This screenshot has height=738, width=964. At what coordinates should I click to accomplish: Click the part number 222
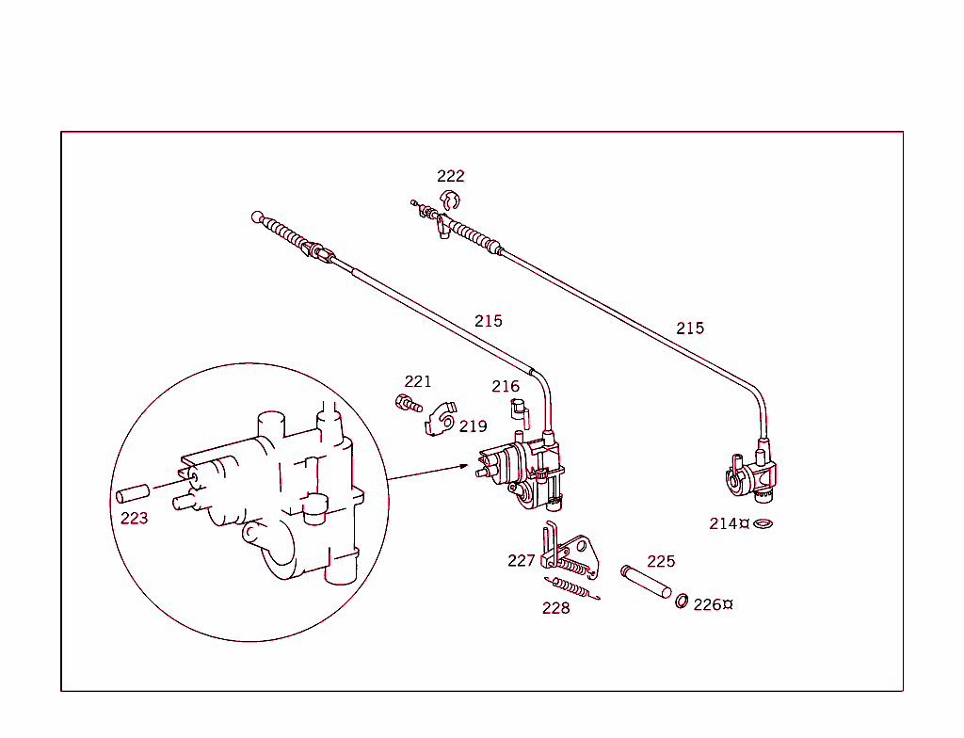pos(450,176)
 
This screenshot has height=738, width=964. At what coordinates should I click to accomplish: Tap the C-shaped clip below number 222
pos(451,200)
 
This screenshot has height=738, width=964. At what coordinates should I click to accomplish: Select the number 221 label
pos(418,381)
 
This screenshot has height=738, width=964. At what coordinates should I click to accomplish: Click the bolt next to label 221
pos(408,404)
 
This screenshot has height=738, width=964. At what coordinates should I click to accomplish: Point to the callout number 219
pos(474,426)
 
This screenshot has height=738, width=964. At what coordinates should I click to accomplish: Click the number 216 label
pos(505,386)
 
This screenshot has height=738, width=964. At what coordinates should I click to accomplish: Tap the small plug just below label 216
pos(517,408)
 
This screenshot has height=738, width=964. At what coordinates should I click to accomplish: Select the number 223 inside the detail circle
pos(134,518)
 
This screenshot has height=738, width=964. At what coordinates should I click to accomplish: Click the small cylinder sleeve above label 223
pos(133,492)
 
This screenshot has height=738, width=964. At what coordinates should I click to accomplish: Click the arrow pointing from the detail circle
pos(428,473)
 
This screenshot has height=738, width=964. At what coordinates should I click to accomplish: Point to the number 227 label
pos(521,560)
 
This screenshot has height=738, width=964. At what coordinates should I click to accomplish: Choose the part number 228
pos(555,608)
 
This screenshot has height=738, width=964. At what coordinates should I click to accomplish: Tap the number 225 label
pos(661,561)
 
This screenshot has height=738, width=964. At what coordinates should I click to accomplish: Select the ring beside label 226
pos(681,601)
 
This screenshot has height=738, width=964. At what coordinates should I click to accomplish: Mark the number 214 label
pos(723,523)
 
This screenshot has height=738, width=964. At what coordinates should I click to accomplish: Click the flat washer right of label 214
pos(763,522)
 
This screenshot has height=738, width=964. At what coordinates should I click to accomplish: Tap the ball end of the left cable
pos(257,217)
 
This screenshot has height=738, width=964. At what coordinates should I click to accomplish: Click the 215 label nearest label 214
pos(689,329)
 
